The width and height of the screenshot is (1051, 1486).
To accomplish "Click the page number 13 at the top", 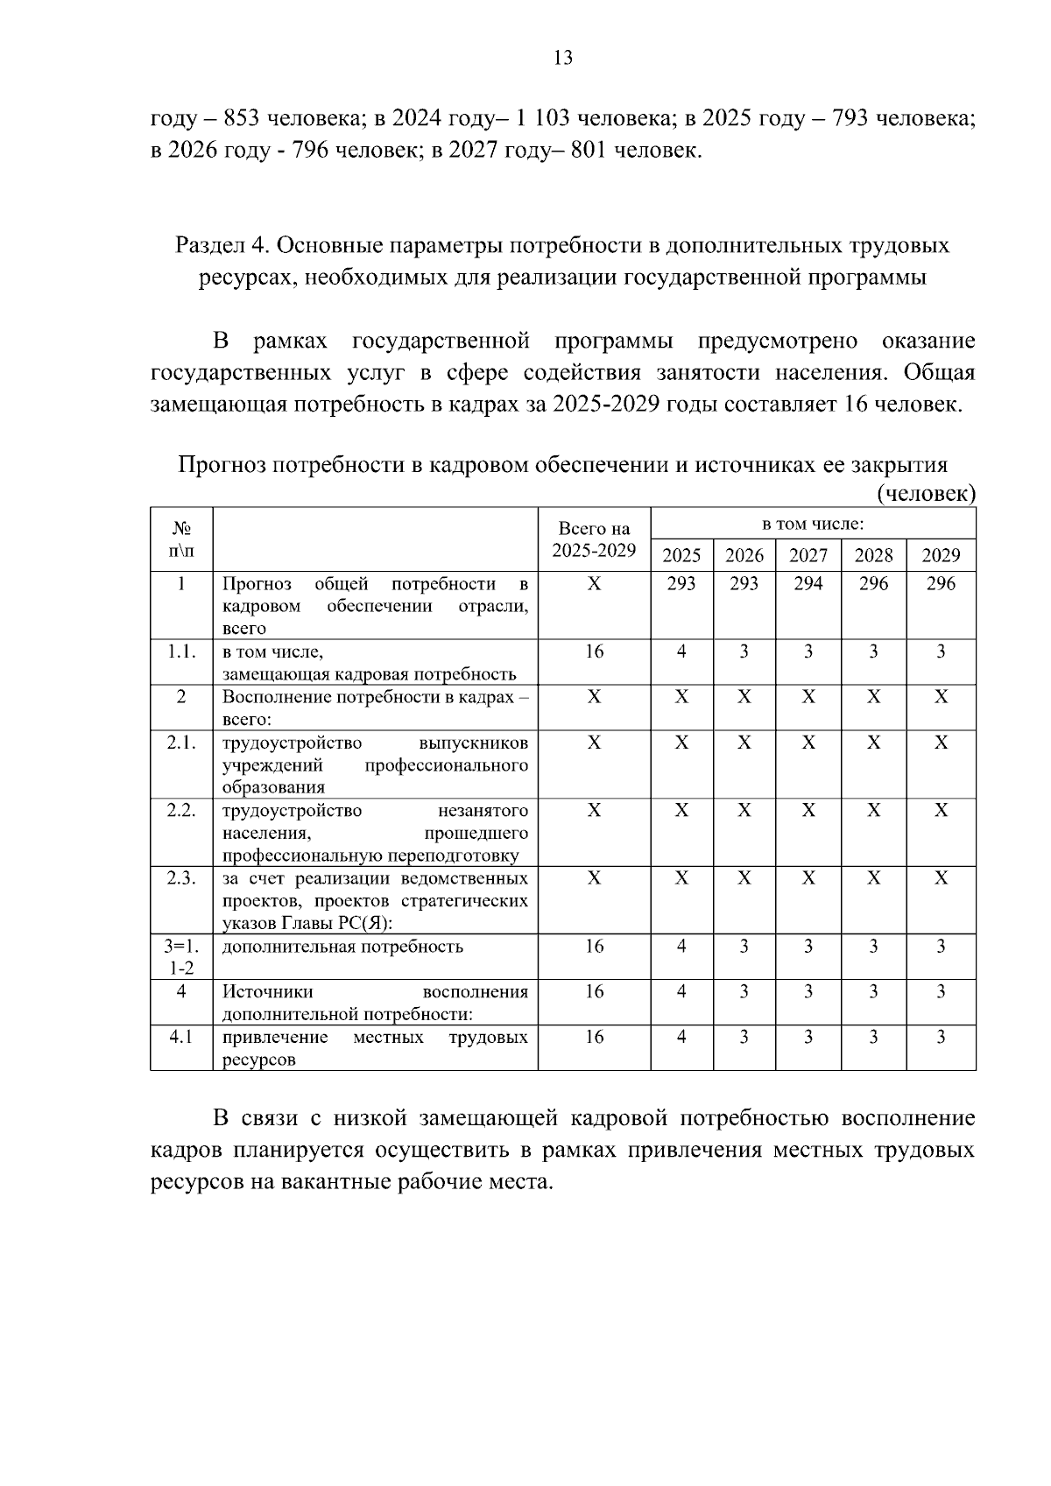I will pyautogui.click(x=563, y=58).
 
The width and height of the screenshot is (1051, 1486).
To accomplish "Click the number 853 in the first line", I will pyautogui.click(x=239, y=118).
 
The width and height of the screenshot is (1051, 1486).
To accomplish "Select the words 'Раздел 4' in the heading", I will pyautogui.click(x=222, y=245).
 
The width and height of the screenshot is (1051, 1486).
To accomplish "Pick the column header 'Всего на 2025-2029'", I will pyautogui.click(x=594, y=539).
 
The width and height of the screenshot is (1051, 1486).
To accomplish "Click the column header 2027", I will pyautogui.click(x=808, y=555).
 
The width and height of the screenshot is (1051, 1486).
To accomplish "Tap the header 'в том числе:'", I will pyautogui.click(x=813, y=524).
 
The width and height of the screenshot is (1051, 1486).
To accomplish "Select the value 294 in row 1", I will pyautogui.click(x=808, y=584).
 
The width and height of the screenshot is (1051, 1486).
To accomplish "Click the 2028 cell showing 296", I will pyautogui.click(x=873, y=584).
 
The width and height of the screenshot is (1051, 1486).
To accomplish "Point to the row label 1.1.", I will pyautogui.click(x=181, y=651).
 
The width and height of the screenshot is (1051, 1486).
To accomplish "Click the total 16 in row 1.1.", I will pyautogui.click(x=594, y=651).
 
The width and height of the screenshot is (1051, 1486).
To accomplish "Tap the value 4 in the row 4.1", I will pyautogui.click(x=681, y=1037).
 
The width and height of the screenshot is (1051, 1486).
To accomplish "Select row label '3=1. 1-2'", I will pyautogui.click(x=181, y=956).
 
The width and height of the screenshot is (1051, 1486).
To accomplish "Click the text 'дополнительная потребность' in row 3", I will pyautogui.click(x=342, y=947).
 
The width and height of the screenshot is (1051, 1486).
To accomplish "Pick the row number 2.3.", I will pyautogui.click(x=181, y=878).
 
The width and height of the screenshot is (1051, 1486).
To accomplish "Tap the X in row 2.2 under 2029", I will pyautogui.click(x=941, y=810).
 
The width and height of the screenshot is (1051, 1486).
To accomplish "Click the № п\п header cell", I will pyautogui.click(x=181, y=539).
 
